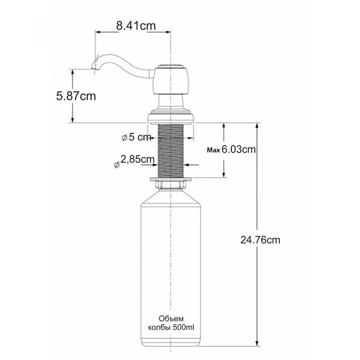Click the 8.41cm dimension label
[136, 26]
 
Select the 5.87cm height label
[76, 96]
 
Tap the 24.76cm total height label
[260, 240]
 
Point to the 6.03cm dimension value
[239, 149]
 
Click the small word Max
[214, 150]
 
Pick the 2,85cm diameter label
[137, 159]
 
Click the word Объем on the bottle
[171, 319]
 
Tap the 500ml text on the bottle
[183, 327]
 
